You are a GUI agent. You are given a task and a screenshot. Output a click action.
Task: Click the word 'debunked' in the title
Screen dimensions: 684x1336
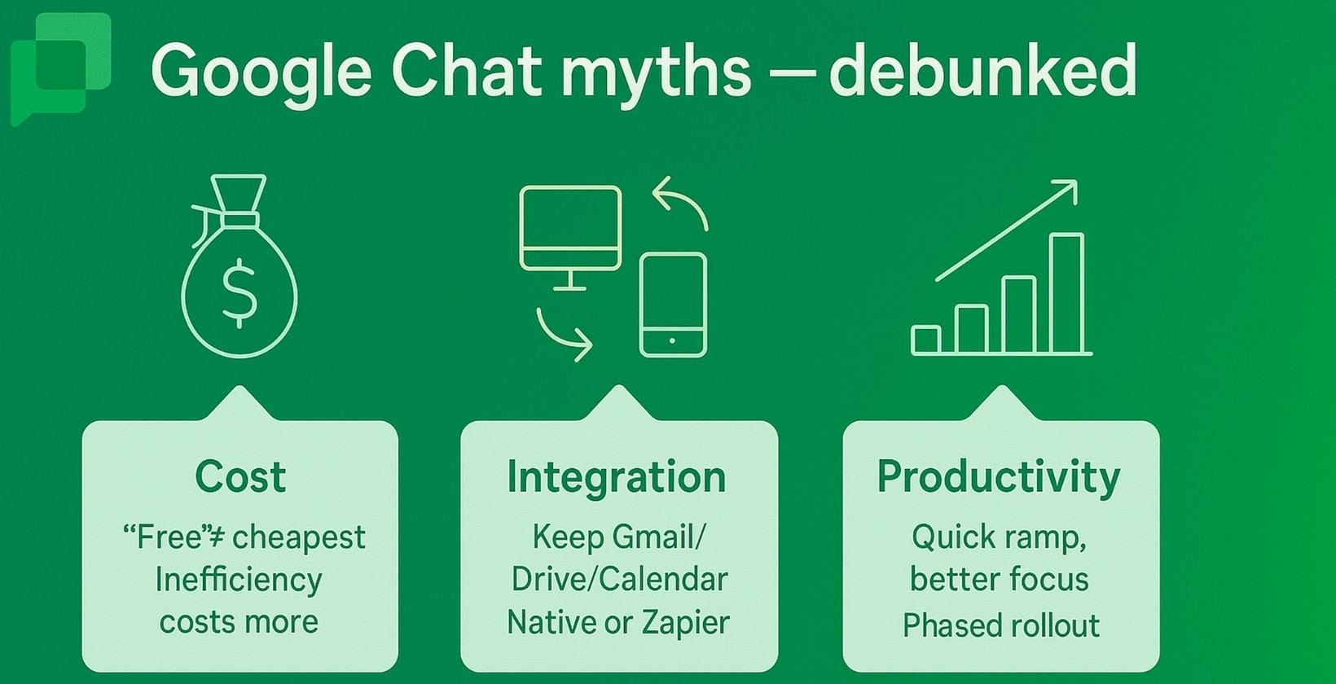coord(982,70)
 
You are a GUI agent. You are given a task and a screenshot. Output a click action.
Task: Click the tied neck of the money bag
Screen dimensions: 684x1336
coord(240,219)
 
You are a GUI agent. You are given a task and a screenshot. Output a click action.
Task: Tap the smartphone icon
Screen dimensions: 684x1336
coord(672,305)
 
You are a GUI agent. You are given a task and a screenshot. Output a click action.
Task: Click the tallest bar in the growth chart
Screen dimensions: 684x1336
coord(1066,293)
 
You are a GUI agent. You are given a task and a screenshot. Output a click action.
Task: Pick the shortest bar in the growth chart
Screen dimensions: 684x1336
coord(926,340)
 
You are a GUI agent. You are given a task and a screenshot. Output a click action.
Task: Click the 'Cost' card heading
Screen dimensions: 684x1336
coord(240,476)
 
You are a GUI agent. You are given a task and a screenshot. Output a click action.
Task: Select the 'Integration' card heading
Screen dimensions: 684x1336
coord(616,476)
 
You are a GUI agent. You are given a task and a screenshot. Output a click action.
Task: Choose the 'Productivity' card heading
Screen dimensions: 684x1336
coord(999,476)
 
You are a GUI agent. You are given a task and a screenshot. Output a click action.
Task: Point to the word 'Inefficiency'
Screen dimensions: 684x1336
coord(239,580)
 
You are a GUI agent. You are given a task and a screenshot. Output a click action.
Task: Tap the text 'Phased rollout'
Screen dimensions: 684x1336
coord(1000,625)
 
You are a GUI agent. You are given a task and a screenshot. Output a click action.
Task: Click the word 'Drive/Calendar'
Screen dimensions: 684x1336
coord(619,580)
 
